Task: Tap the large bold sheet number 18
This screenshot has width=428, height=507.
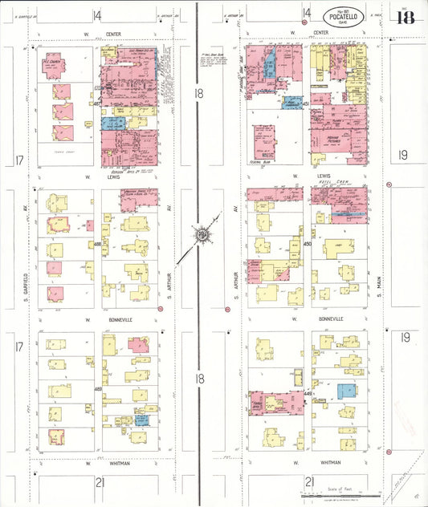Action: coord(405,18)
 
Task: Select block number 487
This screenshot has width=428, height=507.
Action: coord(97,103)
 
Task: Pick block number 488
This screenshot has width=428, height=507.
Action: coord(97,243)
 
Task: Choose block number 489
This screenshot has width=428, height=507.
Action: coord(97,389)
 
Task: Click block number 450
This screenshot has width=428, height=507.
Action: coord(307,243)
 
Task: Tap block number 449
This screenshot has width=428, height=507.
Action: coord(308,394)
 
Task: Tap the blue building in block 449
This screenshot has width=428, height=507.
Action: coord(346,391)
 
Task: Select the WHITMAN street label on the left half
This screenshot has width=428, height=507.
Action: coord(96,463)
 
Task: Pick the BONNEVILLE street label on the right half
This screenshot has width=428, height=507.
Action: coord(308,318)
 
